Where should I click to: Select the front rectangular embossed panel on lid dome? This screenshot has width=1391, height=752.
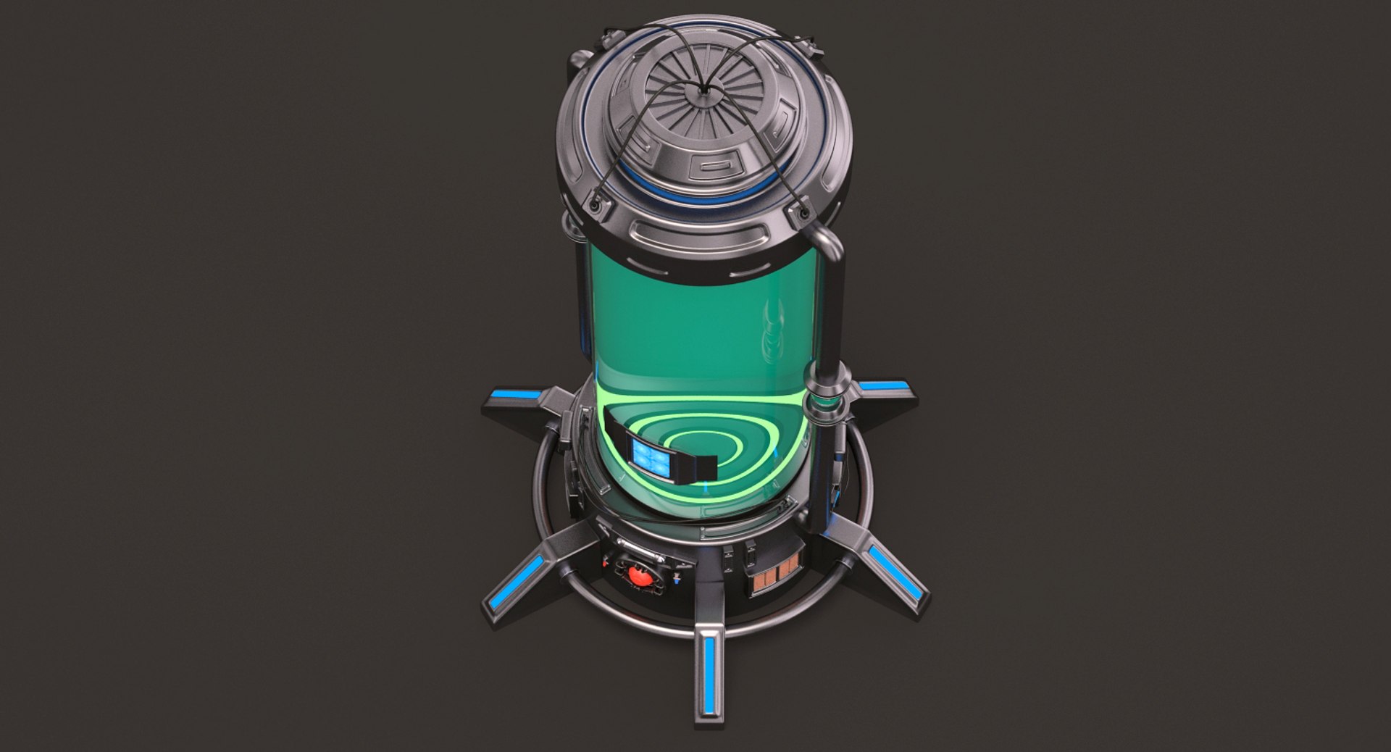pos(710,170)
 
